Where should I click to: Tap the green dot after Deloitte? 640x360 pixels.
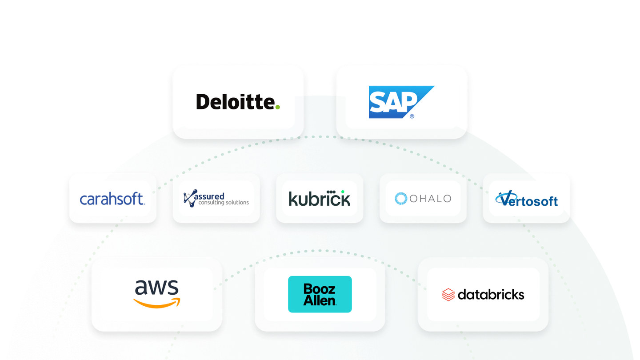[277, 107]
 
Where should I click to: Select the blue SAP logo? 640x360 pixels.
[401, 102]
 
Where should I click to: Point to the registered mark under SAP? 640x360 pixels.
[412, 116]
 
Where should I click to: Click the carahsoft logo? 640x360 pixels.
[112, 198]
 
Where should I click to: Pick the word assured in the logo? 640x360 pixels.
[209, 196]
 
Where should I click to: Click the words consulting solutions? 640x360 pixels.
[224, 203]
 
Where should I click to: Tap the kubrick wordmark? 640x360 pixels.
[319, 198]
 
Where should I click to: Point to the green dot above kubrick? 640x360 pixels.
[343, 192]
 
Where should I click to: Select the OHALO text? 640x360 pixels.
[430, 199]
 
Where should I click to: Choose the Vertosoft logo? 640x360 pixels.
[526, 198]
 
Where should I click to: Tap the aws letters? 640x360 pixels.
[156, 287]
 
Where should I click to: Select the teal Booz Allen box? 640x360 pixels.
[320, 294]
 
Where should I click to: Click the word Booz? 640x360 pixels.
[319, 289]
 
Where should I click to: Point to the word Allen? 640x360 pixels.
[320, 300]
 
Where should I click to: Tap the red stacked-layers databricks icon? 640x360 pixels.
[448, 295]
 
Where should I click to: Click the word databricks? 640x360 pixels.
[491, 295]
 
